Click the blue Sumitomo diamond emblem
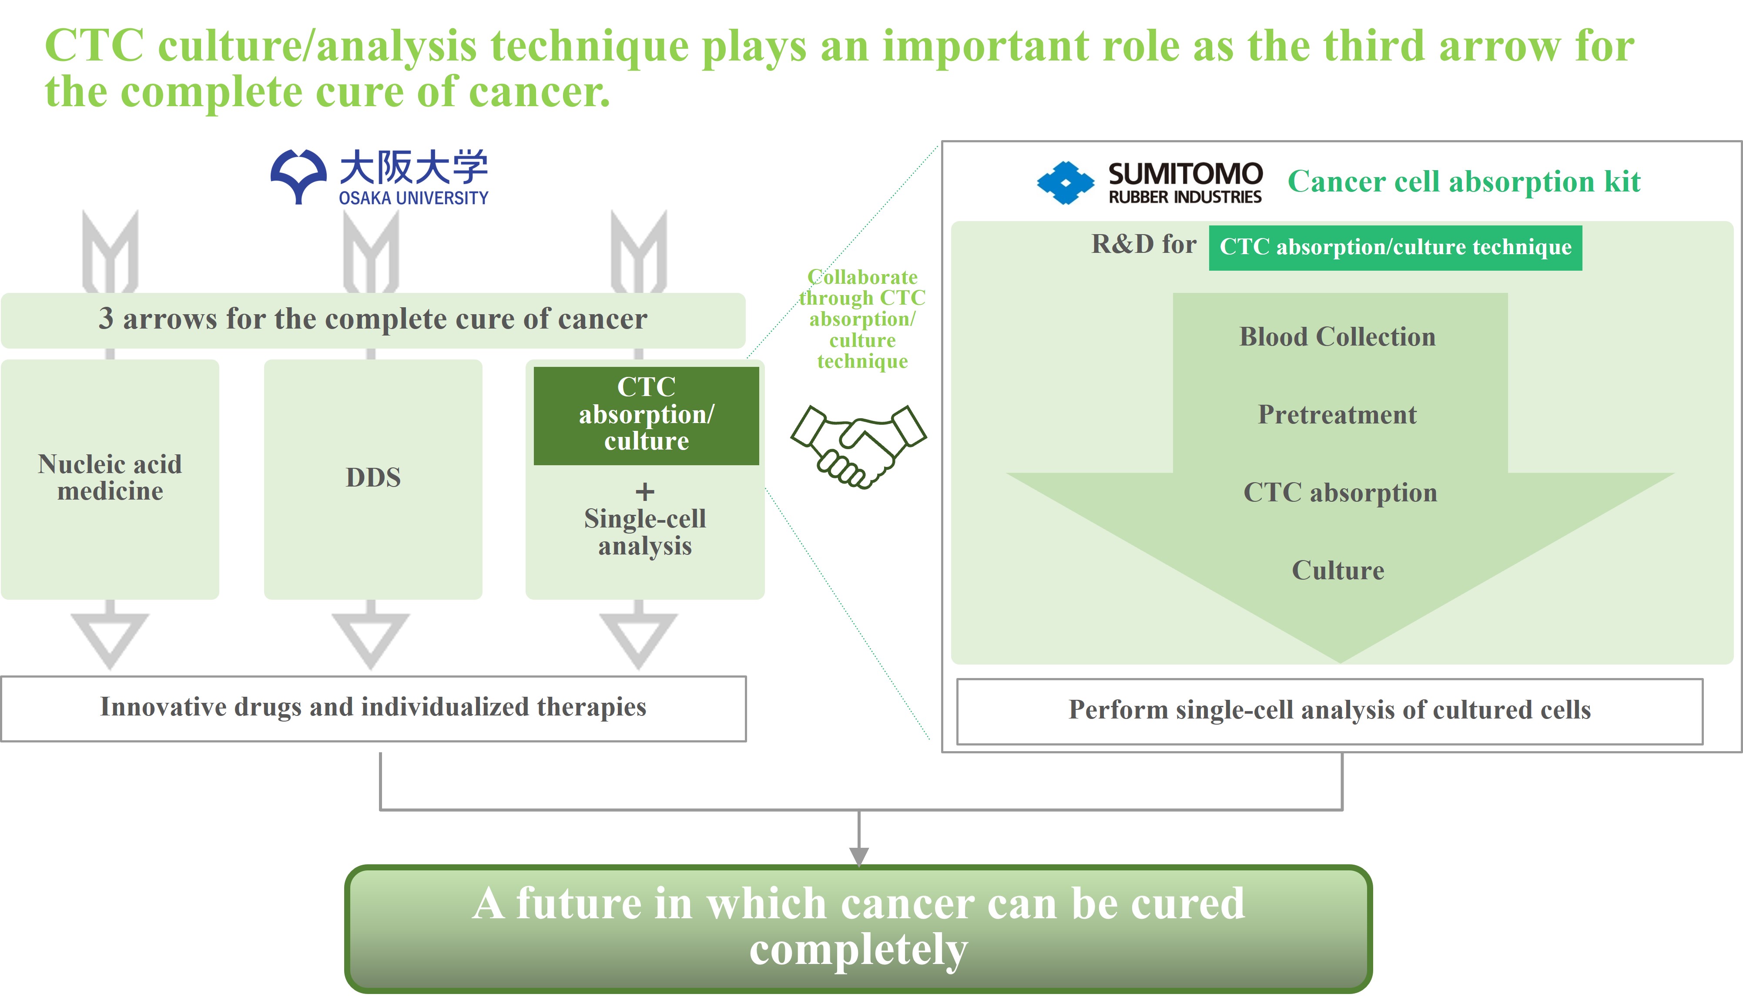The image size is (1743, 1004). pyautogui.click(x=1065, y=183)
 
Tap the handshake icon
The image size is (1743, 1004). pyautogui.click(x=858, y=446)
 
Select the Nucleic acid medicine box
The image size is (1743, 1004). pyautogui.click(x=110, y=479)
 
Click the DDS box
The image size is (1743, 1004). pyautogui.click(x=373, y=479)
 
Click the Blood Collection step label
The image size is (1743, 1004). pyautogui.click(x=1337, y=336)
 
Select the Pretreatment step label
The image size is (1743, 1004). pyautogui.click(x=1337, y=414)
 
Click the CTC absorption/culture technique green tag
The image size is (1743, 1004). pyautogui.click(x=1395, y=248)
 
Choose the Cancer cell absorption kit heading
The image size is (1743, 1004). pyautogui.click(x=1464, y=182)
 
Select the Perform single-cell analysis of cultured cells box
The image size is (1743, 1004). pyautogui.click(x=1330, y=712)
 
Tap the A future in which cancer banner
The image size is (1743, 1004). pyautogui.click(x=858, y=928)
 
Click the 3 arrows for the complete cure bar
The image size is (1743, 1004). pyautogui.click(x=373, y=320)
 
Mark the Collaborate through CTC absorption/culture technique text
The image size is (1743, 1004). pyautogui.click(x=862, y=319)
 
